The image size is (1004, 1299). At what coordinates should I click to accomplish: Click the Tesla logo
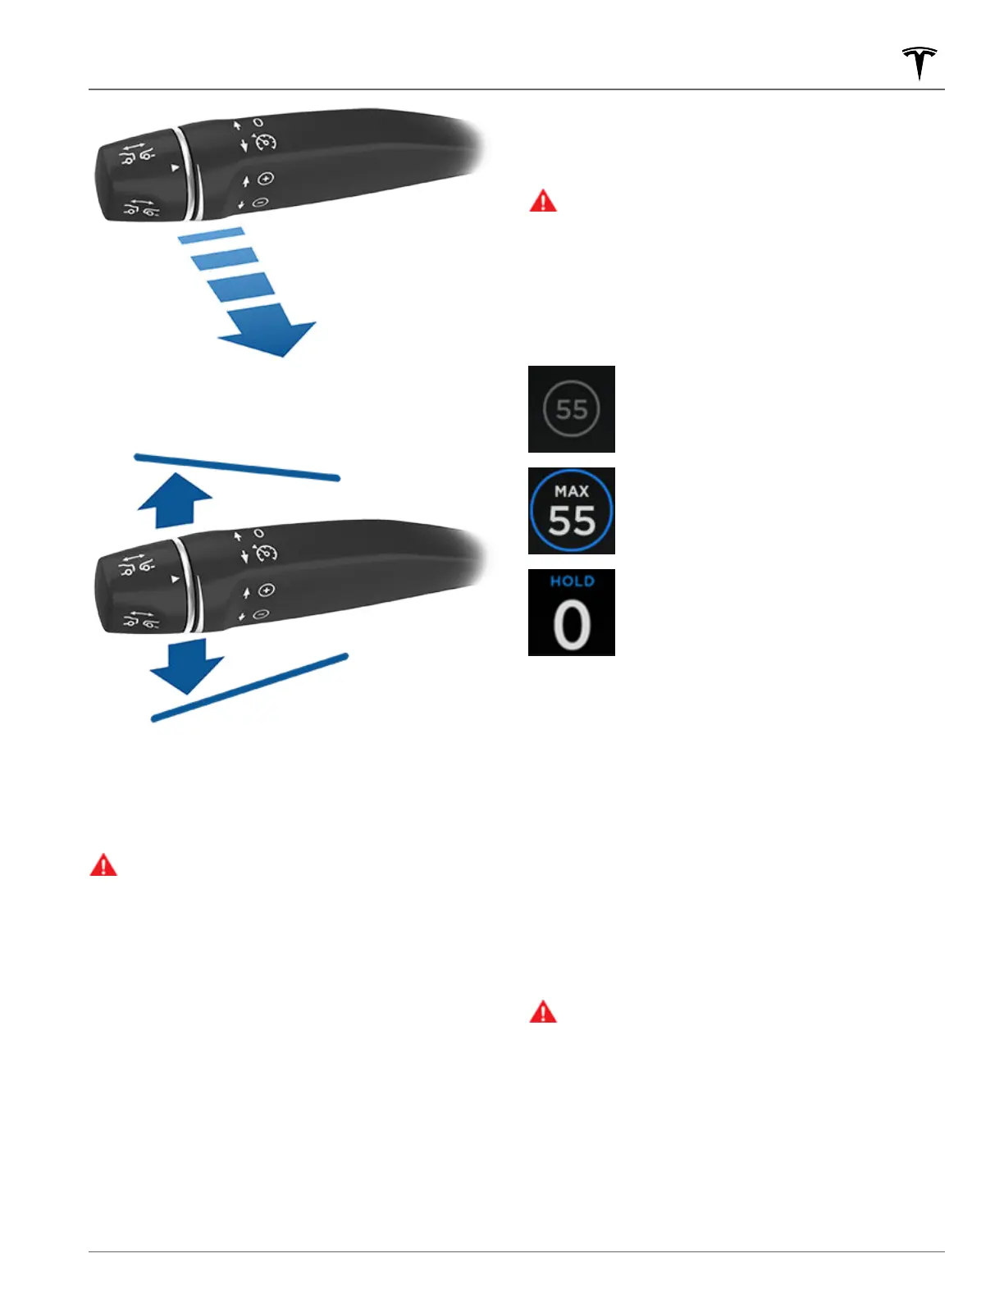coord(920,63)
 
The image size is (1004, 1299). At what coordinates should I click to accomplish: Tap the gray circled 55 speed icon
coord(572,408)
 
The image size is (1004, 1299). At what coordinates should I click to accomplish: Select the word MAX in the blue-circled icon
coord(572,491)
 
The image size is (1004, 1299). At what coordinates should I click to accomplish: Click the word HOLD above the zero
coord(572,581)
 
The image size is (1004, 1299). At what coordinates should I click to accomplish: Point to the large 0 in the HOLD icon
coord(572,625)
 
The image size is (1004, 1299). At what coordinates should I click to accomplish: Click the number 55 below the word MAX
coord(572,521)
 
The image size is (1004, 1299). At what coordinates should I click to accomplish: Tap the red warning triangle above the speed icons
coord(543,202)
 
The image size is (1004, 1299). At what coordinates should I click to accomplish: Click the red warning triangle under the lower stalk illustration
coord(103,866)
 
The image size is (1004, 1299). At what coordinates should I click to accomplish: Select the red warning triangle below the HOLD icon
coord(543,1014)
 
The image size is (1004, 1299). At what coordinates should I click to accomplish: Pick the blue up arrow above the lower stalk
coord(175,501)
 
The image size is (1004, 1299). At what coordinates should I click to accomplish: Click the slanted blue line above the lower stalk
coord(236,467)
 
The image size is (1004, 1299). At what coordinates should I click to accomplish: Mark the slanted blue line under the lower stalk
coord(250,687)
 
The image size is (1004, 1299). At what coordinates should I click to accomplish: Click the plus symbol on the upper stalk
coord(265,179)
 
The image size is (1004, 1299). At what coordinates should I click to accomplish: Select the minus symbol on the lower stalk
coord(262,614)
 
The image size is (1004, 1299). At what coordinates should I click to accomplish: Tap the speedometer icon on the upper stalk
coord(265,142)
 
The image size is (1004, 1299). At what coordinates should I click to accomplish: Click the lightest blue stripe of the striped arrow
coord(211,237)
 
